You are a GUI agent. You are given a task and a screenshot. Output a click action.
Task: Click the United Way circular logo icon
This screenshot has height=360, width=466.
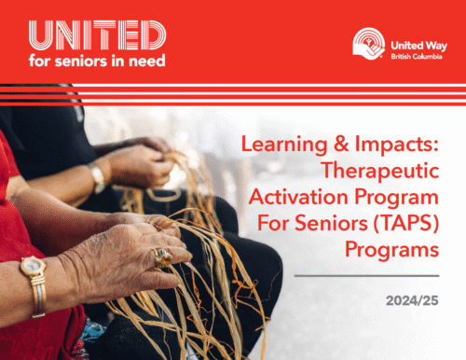(x=367, y=43)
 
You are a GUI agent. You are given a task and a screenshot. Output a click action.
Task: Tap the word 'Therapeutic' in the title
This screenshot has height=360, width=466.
(x=358, y=172)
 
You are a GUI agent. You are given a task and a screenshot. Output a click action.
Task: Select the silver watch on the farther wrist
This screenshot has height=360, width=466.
(x=98, y=177)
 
